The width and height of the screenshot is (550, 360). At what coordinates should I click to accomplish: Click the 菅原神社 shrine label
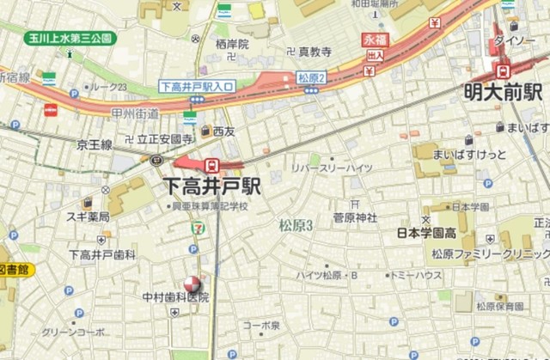[355, 218]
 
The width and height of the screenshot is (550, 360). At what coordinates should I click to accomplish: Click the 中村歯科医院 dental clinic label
[176, 298]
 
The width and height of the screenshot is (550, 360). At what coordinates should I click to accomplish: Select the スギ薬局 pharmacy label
[88, 217]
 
